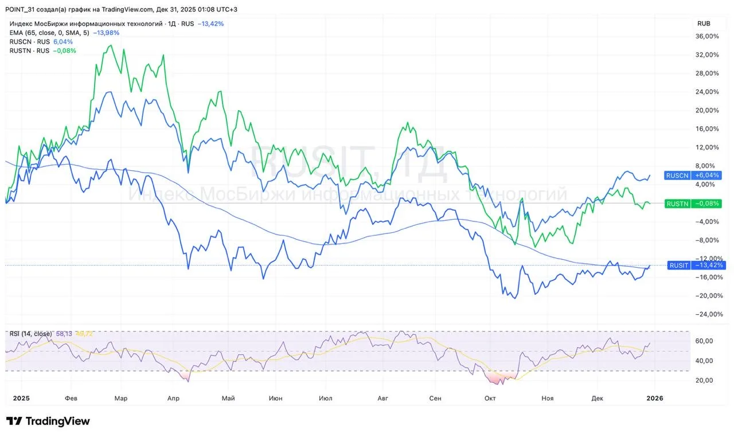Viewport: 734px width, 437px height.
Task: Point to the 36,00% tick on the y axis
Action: [x=706, y=36]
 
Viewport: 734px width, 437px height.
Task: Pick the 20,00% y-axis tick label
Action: [x=706, y=110]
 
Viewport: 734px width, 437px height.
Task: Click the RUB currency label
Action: [x=704, y=24]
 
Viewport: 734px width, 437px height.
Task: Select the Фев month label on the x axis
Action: [x=71, y=398]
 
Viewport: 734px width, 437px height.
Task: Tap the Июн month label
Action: [x=275, y=398]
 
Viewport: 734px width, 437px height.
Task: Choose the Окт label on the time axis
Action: [x=490, y=398]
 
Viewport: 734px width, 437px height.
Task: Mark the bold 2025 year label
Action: [x=21, y=398]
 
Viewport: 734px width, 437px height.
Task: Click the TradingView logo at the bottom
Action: [x=48, y=422]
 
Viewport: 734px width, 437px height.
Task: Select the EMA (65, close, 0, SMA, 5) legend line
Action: [x=49, y=33]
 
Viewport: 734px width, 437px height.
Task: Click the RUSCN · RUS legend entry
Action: [x=30, y=42]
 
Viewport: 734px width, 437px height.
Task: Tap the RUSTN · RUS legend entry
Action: [x=30, y=50]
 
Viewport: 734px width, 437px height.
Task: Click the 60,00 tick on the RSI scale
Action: [x=704, y=341]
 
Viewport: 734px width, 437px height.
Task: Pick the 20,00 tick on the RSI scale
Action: [x=704, y=380]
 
